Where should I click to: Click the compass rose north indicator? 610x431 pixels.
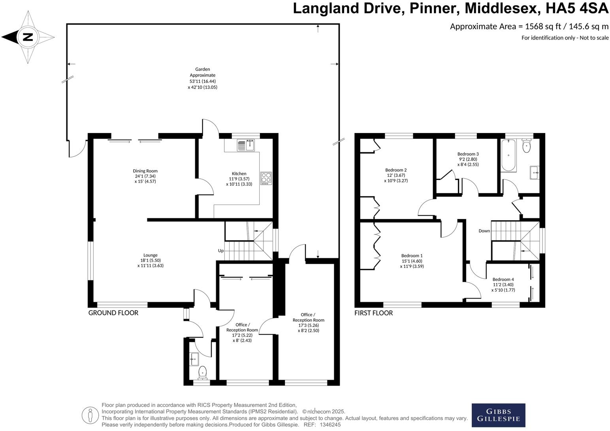point(28,37)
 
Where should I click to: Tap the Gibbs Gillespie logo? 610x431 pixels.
point(498,415)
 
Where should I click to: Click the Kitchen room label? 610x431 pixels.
point(239,174)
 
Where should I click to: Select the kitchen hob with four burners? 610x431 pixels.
point(266,178)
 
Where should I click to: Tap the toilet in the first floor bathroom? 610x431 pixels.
point(526,146)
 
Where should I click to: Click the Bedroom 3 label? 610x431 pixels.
point(468,154)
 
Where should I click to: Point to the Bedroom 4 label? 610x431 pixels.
point(503,279)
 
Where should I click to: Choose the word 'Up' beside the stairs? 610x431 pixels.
point(221,251)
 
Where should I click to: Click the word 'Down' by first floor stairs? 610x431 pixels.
point(484,231)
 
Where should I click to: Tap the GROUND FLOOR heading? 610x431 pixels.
point(113,313)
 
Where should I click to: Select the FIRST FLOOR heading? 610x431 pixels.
point(373,313)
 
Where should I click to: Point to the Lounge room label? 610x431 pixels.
point(150,255)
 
